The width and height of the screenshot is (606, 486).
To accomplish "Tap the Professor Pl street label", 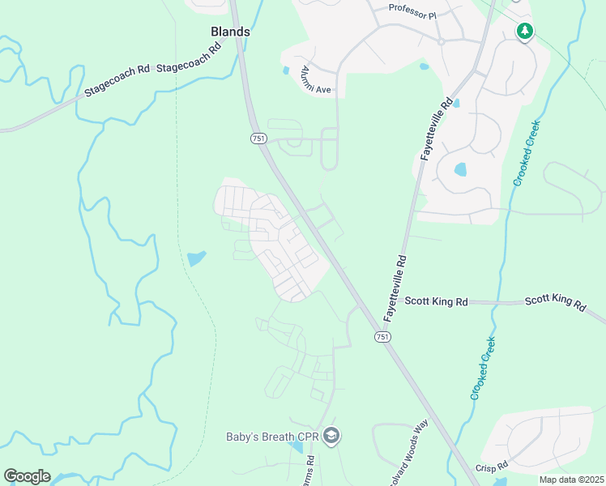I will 412,11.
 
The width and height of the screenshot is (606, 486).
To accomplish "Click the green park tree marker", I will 525,32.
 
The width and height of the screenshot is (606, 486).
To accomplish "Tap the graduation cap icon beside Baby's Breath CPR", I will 331,437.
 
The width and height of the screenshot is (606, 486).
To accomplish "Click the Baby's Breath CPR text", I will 271,437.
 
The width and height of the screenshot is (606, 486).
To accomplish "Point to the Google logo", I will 27,476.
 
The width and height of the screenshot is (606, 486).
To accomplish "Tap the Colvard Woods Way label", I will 408,454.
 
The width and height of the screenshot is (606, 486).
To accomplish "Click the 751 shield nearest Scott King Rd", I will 382,335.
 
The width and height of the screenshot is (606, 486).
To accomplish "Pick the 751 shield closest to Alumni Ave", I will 258,139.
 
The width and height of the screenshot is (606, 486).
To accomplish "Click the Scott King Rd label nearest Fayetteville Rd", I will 436,301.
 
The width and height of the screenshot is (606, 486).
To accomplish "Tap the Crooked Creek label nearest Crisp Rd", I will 484,369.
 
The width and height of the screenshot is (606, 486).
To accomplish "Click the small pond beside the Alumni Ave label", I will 285,70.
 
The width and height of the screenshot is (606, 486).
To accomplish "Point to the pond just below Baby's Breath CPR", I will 296,447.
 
